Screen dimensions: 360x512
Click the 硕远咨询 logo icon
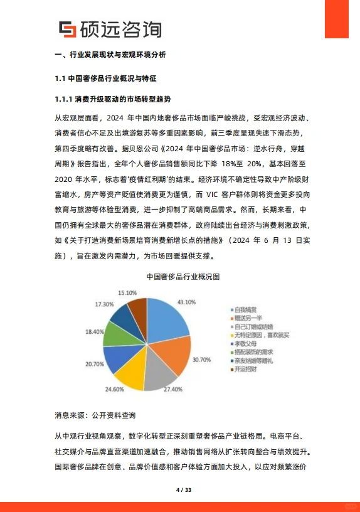67,29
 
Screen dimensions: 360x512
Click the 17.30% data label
104,304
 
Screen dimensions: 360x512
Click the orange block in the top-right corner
336,19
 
